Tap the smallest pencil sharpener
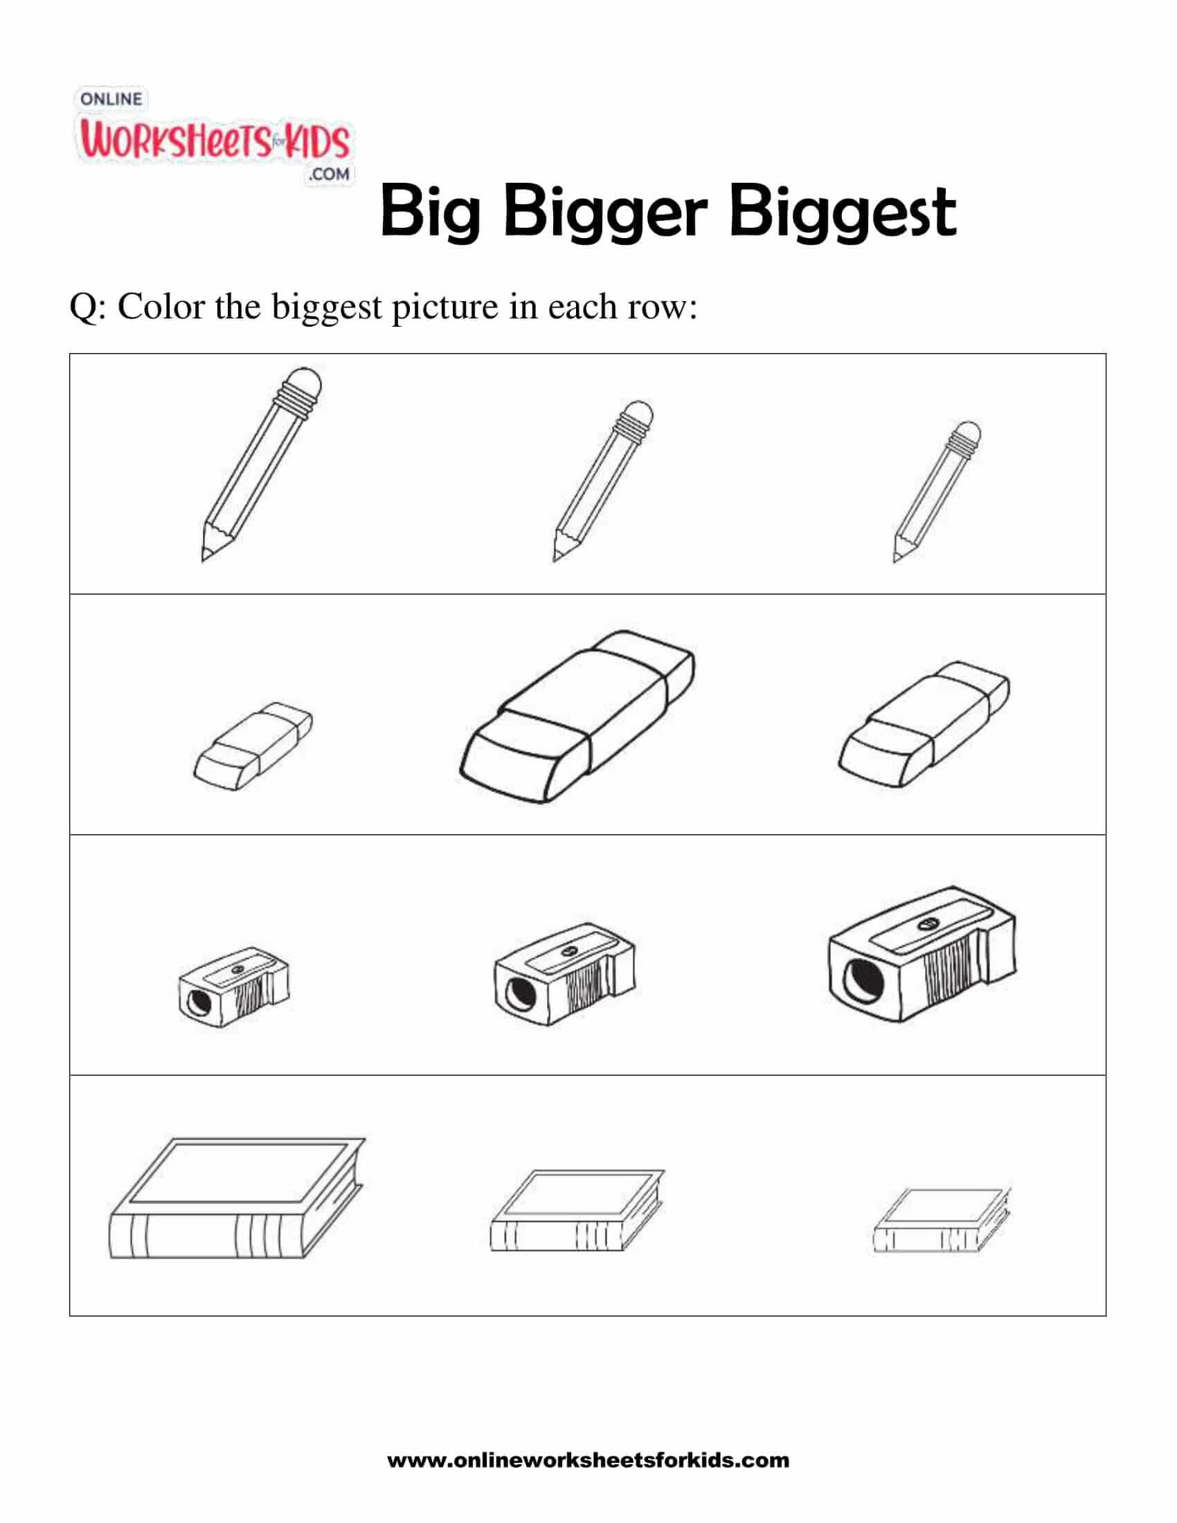coord(233,987)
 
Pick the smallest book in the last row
coord(942,1221)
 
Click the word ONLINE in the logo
coord(111,99)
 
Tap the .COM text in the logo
coord(329,174)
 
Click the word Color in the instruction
coord(161,307)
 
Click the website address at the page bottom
coord(588,1459)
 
